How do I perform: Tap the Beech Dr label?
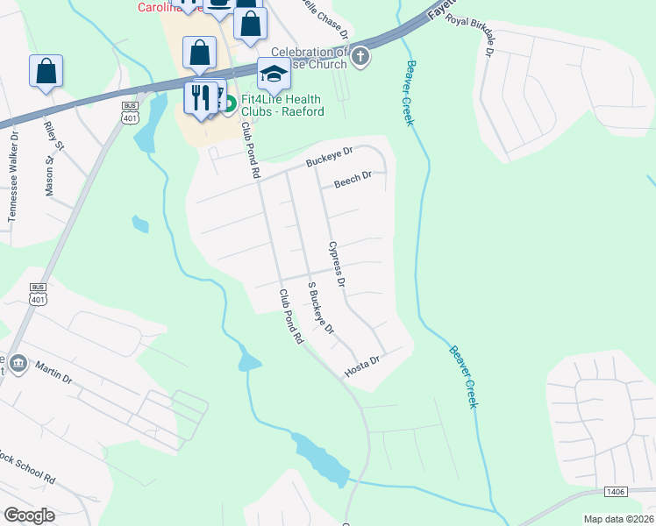click(354, 179)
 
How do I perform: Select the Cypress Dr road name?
click(337, 265)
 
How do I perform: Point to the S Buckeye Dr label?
click(320, 308)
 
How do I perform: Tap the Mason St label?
click(50, 171)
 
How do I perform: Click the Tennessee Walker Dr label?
click(13, 187)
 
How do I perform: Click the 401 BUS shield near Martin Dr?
click(38, 293)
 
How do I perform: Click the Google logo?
click(29, 515)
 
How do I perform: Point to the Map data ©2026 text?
click(618, 519)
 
